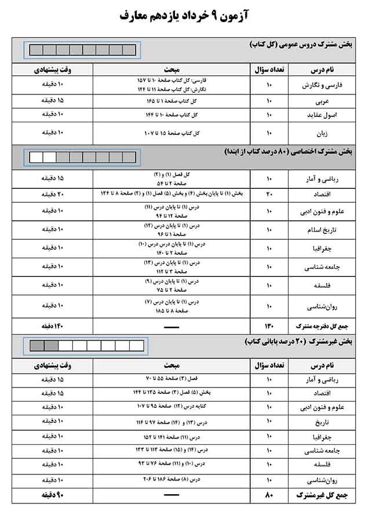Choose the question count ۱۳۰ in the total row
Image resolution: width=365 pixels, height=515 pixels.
click(269, 326)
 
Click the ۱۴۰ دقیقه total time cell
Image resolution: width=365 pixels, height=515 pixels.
click(52, 326)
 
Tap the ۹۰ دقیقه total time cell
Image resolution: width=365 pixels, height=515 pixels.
click(52, 496)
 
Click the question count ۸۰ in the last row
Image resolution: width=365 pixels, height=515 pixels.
click(269, 496)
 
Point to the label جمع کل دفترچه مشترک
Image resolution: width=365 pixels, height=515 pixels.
click(319, 326)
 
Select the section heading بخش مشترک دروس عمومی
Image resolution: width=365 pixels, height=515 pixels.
click(301, 45)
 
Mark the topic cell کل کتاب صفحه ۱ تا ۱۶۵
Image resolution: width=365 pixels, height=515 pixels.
click(171, 101)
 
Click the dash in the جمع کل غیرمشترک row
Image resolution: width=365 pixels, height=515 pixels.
click(171, 496)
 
